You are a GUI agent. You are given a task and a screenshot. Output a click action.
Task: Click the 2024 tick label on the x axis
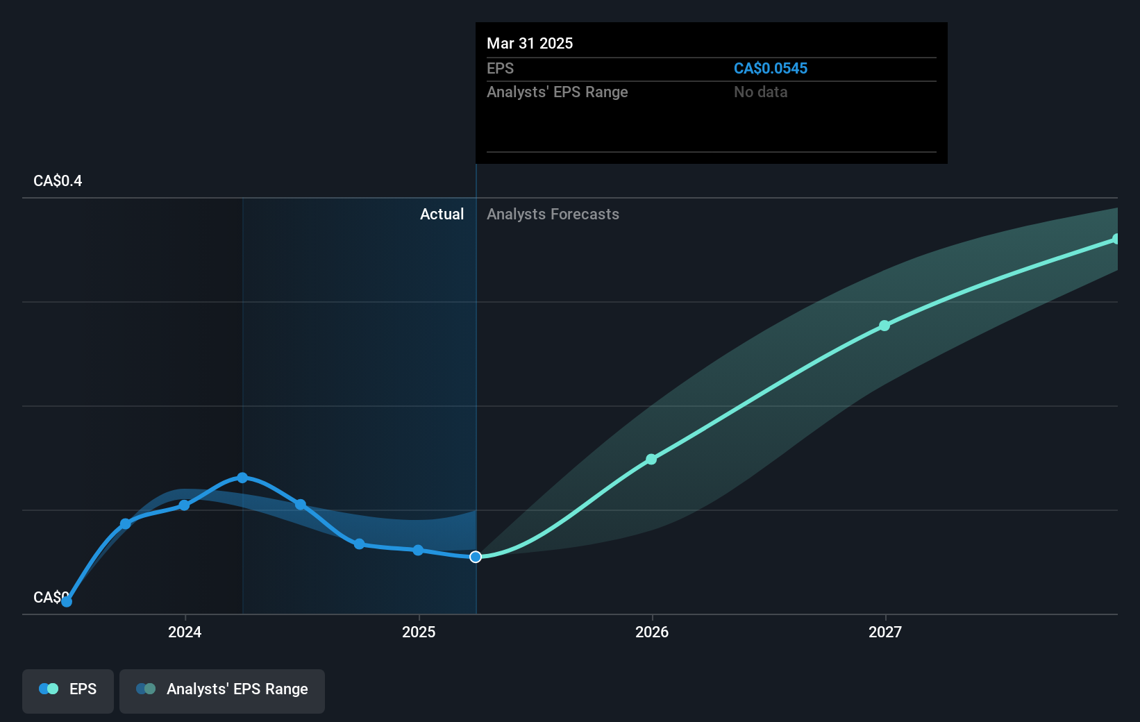coord(185,632)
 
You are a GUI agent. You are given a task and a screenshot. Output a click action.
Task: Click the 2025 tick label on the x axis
coord(419,632)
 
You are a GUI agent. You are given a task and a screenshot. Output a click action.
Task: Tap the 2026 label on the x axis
coord(652,632)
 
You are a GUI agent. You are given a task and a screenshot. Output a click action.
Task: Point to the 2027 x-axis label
coord(885,632)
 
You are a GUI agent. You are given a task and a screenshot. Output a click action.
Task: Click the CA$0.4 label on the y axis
coord(58,181)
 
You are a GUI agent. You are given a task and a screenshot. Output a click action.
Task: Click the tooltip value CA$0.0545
coord(771,69)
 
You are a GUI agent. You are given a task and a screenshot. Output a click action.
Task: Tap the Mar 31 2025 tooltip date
coord(530,44)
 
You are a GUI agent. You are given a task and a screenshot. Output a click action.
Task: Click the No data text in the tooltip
coord(760,92)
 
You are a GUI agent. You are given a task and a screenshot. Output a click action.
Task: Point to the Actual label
coord(442,215)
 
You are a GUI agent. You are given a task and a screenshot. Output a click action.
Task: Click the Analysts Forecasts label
coord(553,215)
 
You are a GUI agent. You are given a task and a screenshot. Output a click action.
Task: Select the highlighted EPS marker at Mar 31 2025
coord(476,557)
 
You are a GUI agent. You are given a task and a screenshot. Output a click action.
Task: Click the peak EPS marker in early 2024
coord(242,478)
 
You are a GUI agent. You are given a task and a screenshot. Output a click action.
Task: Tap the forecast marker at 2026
coord(651,459)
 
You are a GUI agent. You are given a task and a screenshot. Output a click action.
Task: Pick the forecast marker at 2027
coord(885,326)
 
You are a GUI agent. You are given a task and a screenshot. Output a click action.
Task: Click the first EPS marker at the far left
coord(67,602)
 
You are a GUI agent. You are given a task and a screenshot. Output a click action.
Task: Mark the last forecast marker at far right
coord(1116,239)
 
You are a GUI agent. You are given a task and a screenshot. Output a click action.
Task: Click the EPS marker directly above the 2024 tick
coord(184,505)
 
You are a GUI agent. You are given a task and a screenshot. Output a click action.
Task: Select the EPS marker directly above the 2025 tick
coord(418,550)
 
